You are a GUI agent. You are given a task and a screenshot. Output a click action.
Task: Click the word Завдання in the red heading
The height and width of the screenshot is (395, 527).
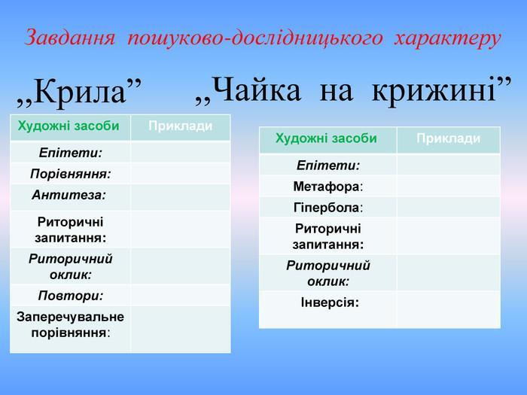[x=70, y=38]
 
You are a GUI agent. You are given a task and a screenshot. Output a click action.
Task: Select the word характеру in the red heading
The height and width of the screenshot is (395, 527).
[x=448, y=38]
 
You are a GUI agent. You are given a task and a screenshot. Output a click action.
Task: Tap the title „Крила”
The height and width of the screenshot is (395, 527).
[x=79, y=91]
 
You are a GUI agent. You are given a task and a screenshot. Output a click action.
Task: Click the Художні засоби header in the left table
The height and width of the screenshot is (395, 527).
[x=69, y=126]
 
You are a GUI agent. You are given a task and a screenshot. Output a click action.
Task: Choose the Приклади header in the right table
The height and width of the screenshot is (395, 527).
[x=449, y=138]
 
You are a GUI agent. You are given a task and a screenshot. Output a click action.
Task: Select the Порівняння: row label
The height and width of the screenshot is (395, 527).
[x=71, y=174]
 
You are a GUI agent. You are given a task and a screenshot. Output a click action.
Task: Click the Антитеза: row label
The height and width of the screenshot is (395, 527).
[x=69, y=195]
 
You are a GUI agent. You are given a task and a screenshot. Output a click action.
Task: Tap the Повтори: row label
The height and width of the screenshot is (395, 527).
[x=71, y=296]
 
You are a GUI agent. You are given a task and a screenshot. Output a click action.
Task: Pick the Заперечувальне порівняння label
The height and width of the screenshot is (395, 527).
[x=70, y=324]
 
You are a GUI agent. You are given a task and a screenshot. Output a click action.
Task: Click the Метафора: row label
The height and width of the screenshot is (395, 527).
[x=328, y=187]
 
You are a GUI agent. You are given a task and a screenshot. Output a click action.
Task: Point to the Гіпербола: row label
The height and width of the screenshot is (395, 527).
[x=328, y=208]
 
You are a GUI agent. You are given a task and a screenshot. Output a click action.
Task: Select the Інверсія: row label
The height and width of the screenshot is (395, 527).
[x=330, y=302]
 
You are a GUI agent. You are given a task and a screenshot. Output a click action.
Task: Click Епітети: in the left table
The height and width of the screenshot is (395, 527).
[x=71, y=153]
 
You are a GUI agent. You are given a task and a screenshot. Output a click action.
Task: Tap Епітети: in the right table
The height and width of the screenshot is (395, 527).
[x=328, y=166]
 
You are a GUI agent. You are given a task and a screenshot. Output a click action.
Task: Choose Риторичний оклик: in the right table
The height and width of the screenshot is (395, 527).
[x=328, y=273]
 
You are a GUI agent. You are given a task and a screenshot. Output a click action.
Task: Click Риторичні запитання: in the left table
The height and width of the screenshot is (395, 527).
[x=70, y=229]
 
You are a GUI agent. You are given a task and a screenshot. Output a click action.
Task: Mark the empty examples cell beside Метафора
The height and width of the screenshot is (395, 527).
[x=449, y=186]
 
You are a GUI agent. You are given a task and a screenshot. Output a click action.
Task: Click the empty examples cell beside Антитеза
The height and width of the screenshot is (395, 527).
[x=181, y=197]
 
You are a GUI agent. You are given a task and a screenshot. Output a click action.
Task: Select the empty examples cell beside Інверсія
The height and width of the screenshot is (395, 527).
[x=449, y=310]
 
